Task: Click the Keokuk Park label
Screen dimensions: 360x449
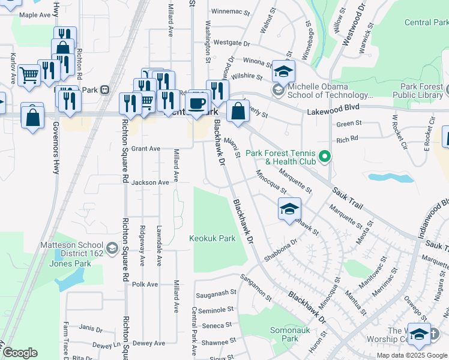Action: pos(212,238)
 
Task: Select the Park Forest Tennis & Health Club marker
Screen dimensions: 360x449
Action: pos(325,157)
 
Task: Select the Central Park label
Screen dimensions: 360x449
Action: pos(426,23)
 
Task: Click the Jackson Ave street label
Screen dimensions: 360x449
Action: pos(150,182)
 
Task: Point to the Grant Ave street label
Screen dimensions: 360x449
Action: pos(146,148)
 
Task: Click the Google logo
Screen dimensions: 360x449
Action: pos(20,353)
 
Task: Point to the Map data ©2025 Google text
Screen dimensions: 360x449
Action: pos(412,355)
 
